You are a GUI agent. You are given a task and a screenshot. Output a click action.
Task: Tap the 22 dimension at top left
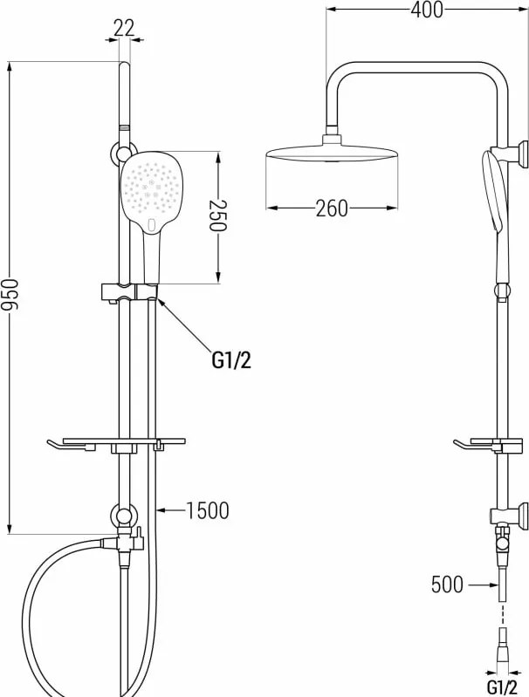coord(124,29)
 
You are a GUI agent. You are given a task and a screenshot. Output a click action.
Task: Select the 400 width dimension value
coord(427,10)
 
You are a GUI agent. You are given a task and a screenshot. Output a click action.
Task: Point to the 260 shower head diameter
coord(332,208)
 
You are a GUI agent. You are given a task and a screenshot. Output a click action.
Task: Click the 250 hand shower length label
coord(218,215)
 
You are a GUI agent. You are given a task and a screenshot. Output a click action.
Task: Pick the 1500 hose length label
coord(207,510)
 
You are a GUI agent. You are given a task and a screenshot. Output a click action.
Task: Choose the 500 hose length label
coord(447,584)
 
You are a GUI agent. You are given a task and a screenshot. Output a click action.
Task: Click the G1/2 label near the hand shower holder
coord(231,360)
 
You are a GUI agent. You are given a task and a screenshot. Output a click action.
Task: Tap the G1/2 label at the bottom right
coord(502,687)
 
